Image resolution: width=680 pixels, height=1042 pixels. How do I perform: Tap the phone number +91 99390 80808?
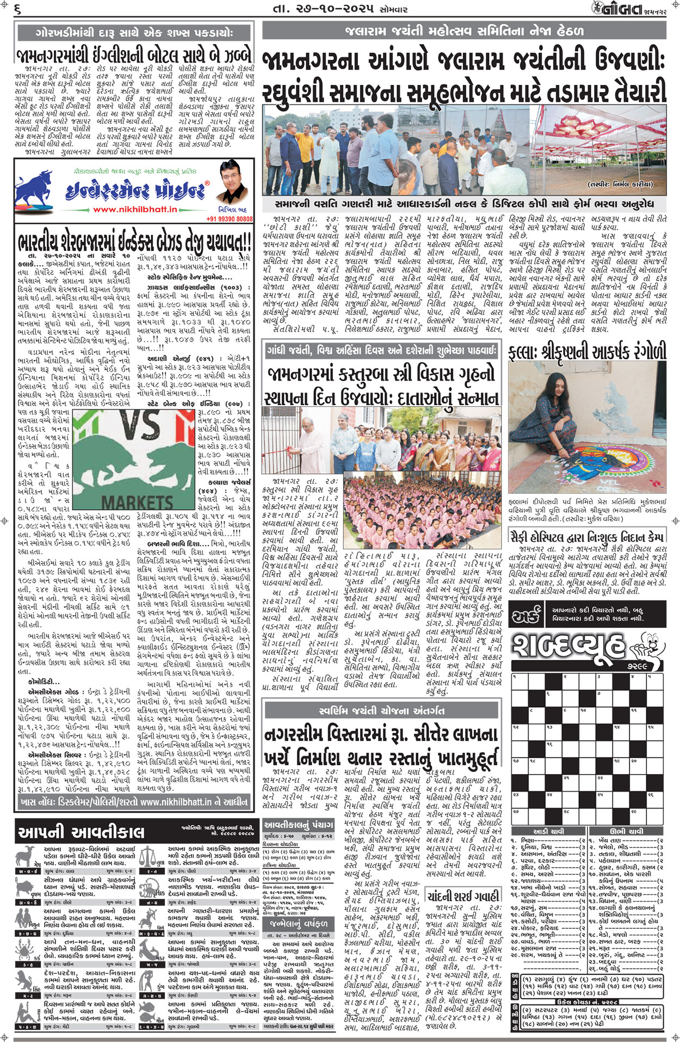tap(230, 219)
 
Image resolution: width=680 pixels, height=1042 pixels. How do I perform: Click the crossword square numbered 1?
tap(520, 682)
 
